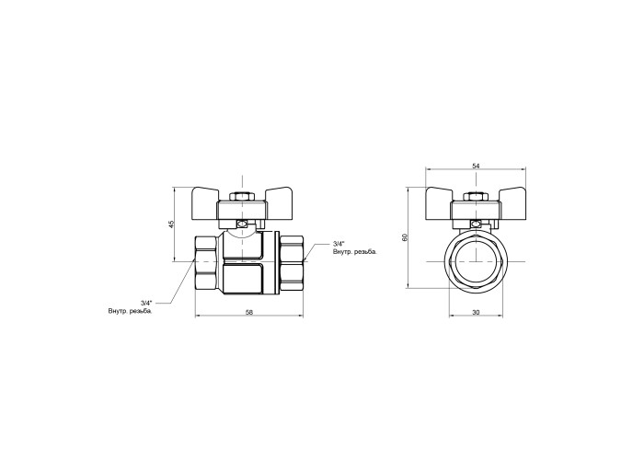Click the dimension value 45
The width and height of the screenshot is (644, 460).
coord(172,224)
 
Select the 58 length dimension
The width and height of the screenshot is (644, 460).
coord(249,312)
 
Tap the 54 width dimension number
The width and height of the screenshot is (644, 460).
coord(476,166)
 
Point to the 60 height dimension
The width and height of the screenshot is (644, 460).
coord(405,237)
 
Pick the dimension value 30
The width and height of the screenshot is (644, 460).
coord(476,313)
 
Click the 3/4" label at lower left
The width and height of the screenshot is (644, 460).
coord(146,303)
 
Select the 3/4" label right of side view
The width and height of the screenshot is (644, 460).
coord(339,244)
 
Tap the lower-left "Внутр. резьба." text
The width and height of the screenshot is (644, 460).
coord(131,311)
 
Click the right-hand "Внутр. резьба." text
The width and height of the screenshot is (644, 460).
coord(355,252)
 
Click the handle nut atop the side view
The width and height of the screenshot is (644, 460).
coord(243,196)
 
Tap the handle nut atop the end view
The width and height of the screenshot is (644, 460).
coord(476,196)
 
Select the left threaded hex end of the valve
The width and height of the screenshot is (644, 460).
coord(205,261)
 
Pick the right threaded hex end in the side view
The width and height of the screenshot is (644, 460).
coord(291,261)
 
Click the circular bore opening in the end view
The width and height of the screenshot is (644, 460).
coord(476,261)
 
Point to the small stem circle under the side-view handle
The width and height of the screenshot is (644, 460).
coord(242,224)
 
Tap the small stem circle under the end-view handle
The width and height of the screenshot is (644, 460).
coord(476,224)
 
